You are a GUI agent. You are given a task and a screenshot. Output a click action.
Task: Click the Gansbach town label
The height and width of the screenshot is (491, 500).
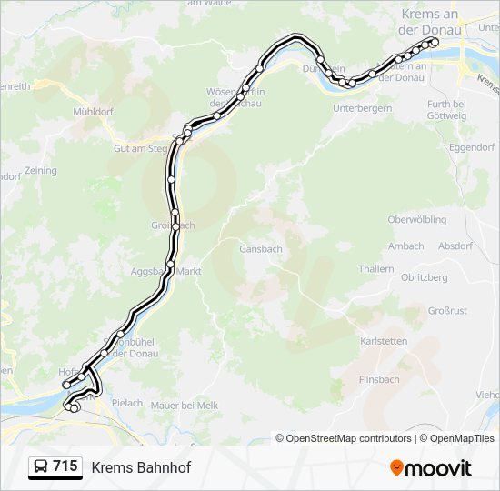(260, 248)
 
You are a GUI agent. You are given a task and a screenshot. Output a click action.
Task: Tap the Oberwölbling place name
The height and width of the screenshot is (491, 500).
(416, 220)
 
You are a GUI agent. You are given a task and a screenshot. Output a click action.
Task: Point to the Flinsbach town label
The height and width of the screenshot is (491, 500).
(379, 379)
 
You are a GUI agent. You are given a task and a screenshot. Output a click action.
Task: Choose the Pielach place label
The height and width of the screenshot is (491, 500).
(126, 403)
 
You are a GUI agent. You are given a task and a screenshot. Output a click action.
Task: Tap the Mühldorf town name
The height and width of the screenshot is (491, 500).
(92, 111)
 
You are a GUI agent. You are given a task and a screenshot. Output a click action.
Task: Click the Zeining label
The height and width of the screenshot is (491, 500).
(41, 171)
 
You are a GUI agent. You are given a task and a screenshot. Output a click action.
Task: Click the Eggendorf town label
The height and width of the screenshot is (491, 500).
(471, 146)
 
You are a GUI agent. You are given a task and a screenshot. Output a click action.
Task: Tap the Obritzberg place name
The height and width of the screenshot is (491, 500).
(425, 277)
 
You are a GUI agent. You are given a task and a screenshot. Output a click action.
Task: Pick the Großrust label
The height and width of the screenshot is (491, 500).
(446, 311)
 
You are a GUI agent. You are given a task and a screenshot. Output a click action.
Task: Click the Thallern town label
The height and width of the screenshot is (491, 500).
(376, 269)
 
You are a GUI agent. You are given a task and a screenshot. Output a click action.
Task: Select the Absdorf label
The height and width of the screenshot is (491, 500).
(455, 245)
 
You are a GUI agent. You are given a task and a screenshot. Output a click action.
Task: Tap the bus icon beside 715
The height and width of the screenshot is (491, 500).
(41, 467)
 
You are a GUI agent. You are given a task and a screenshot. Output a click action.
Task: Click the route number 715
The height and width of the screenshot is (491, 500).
(65, 466)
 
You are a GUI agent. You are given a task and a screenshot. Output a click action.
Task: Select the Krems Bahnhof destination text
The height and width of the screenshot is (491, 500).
(141, 467)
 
